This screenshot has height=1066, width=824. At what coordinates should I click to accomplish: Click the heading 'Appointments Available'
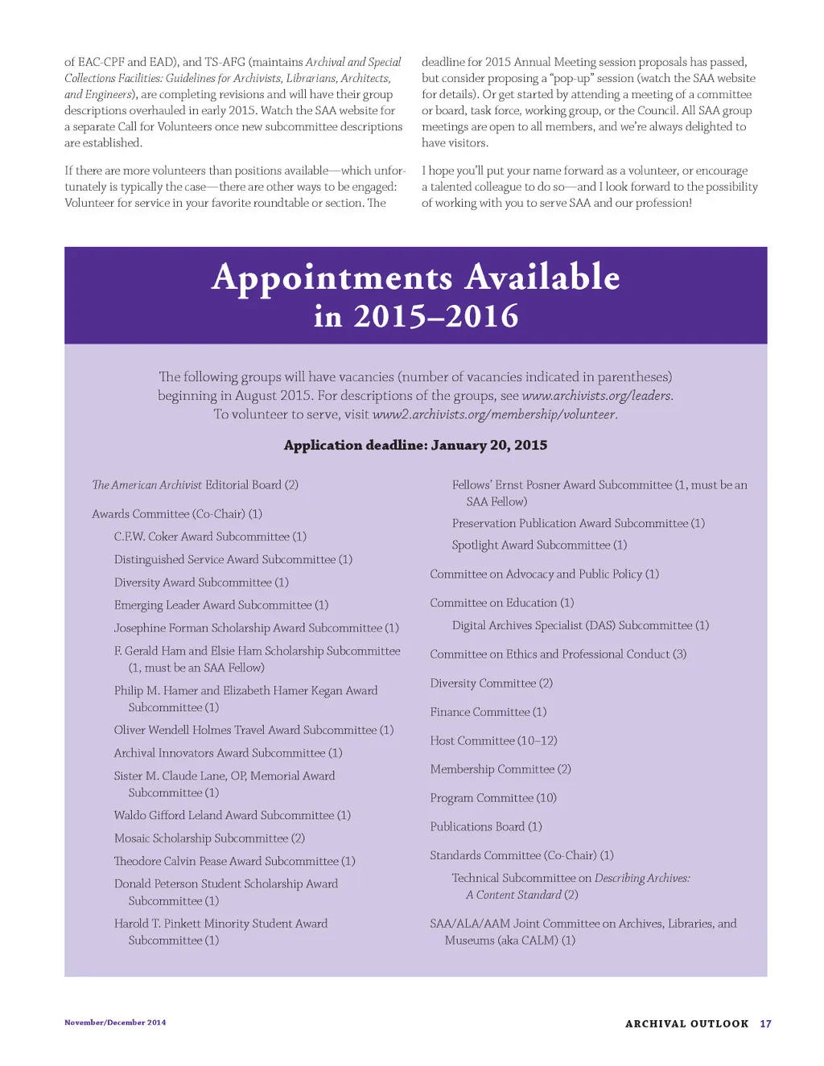[x=415, y=278]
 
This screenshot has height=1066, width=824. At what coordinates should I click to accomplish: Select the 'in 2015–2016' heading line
[x=415, y=317]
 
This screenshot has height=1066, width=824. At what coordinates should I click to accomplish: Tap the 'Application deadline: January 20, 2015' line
[x=415, y=446]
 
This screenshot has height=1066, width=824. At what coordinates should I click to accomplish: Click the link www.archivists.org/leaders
[x=597, y=396]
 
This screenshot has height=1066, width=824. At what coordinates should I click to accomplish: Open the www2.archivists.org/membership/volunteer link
[x=494, y=415]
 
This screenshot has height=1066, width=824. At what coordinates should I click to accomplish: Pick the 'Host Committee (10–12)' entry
[x=493, y=741]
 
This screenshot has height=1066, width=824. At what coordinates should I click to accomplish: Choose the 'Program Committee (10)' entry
[x=493, y=798]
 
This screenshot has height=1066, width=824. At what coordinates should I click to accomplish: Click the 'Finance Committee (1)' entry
[x=488, y=712]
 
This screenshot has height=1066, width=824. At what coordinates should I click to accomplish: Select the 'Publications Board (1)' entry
[x=486, y=827]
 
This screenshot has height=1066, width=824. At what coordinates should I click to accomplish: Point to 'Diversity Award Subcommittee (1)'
[x=201, y=582]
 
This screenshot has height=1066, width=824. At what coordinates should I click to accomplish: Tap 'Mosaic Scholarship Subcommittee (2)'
[x=209, y=838]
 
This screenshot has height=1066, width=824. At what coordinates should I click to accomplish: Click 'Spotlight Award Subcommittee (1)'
[x=539, y=545]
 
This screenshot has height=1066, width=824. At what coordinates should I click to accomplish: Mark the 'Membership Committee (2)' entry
[x=501, y=770]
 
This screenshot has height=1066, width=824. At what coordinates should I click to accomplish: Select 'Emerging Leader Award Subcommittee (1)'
[x=221, y=605]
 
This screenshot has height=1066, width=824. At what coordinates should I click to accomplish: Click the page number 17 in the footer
[x=765, y=1024]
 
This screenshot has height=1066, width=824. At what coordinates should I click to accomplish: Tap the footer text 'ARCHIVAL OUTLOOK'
[x=686, y=1024]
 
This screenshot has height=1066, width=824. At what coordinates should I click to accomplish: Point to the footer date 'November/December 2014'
[x=115, y=1023]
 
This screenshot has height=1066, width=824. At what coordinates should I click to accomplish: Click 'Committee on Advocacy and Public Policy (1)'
[x=544, y=574]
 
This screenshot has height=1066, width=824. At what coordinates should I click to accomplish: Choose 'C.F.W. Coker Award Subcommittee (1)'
[x=210, y=537]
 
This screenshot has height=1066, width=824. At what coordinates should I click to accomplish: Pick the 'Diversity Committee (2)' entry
[x=491, y=684]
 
